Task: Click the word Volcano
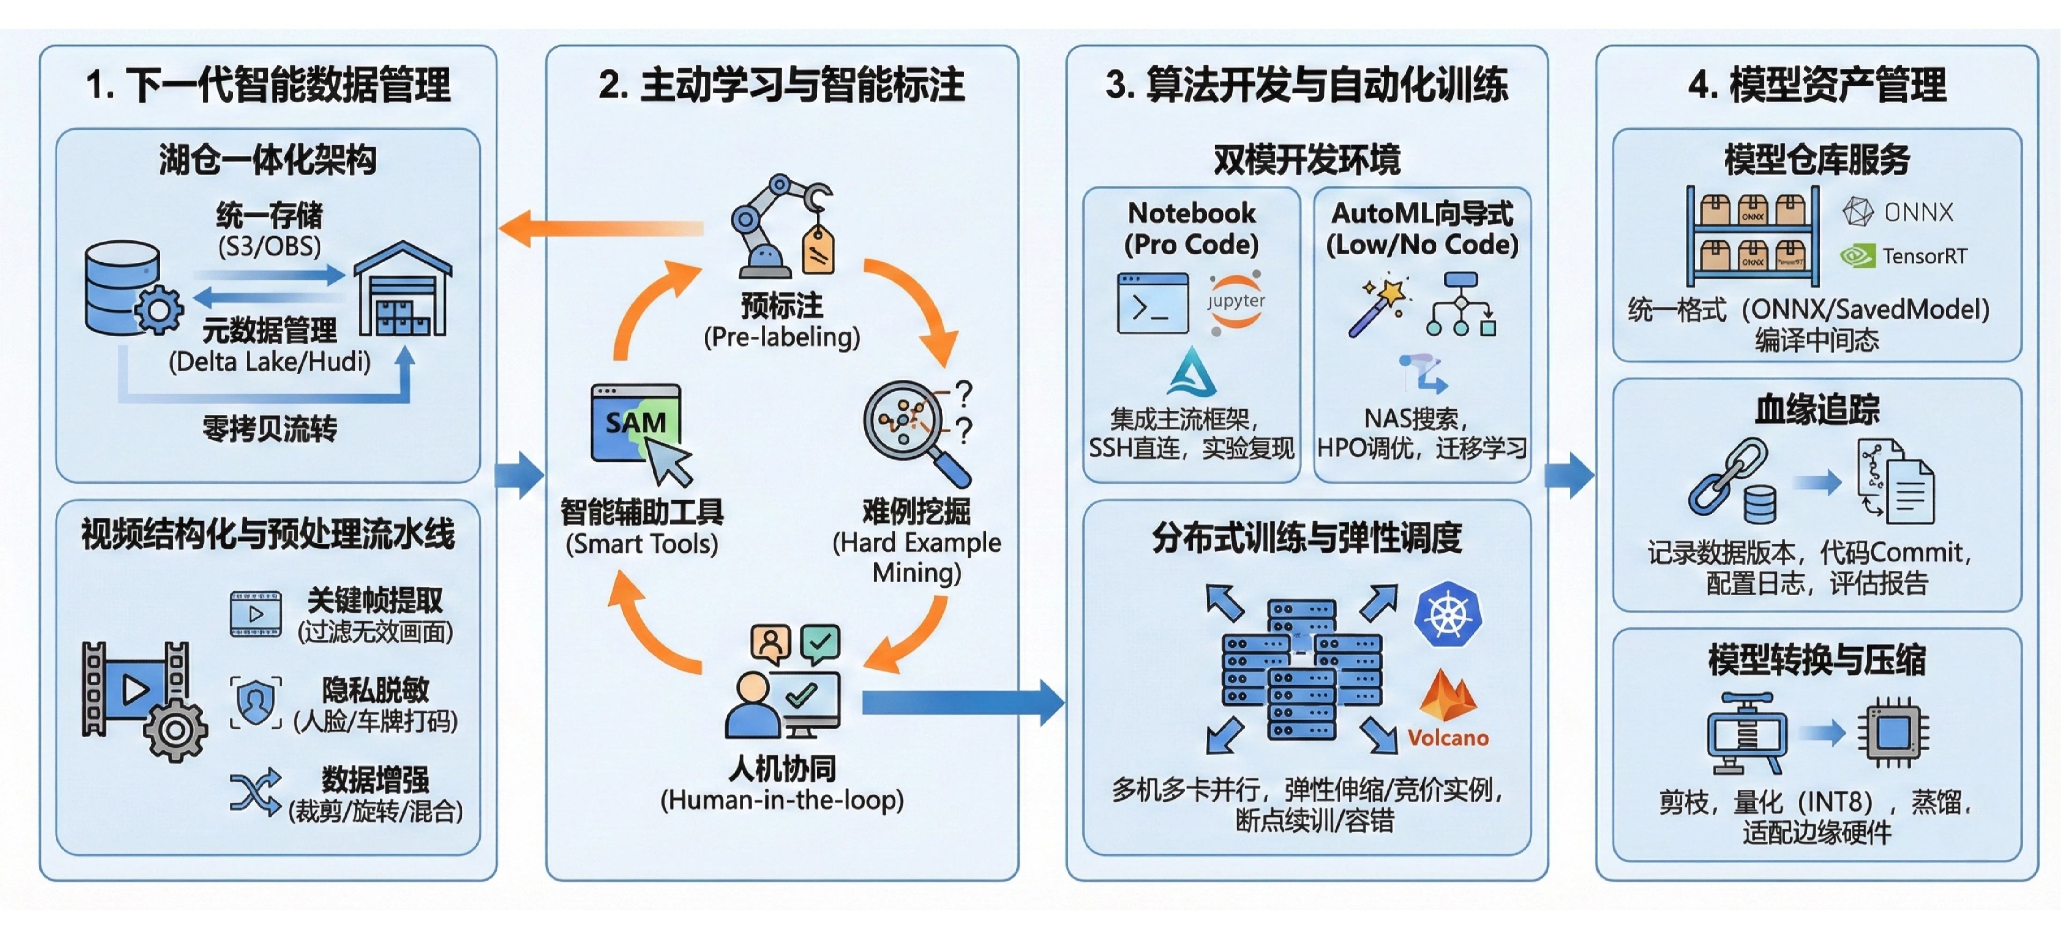point(1448,738)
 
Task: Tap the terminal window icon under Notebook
point(1152,303)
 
